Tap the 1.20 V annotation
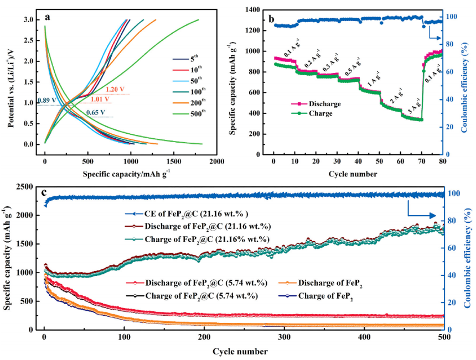[116, 89]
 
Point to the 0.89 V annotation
[47, 101]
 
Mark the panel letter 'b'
[271, 18]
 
